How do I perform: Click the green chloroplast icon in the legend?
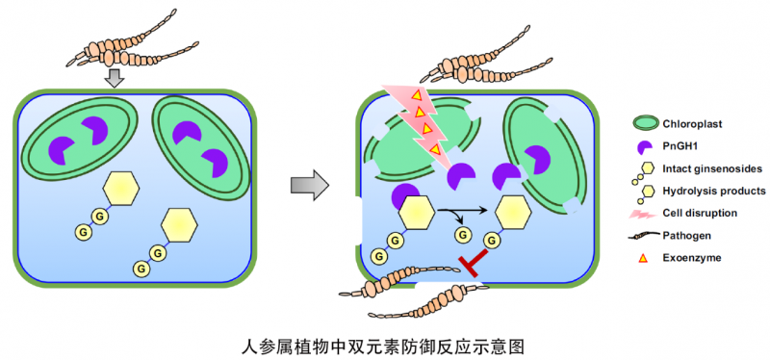643,123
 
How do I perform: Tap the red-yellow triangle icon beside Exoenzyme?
642,258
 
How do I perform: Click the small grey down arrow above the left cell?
115,78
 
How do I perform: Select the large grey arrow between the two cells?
309,185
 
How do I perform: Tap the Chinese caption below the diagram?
383,347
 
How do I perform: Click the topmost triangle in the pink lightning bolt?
416,94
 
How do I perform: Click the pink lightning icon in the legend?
643,214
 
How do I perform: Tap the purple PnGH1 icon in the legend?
643,146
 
